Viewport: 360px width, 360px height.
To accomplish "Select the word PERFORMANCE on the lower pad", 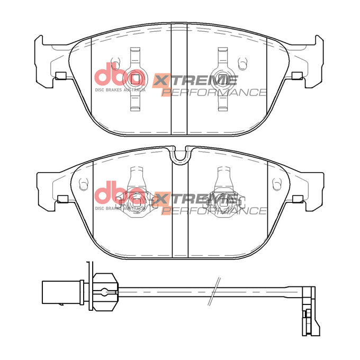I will coord(214,211).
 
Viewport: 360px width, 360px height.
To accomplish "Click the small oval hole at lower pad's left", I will coord(83,184).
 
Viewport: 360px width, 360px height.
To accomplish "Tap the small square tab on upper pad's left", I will coord(60,75).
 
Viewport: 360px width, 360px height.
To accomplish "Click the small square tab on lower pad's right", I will coord(298,199).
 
